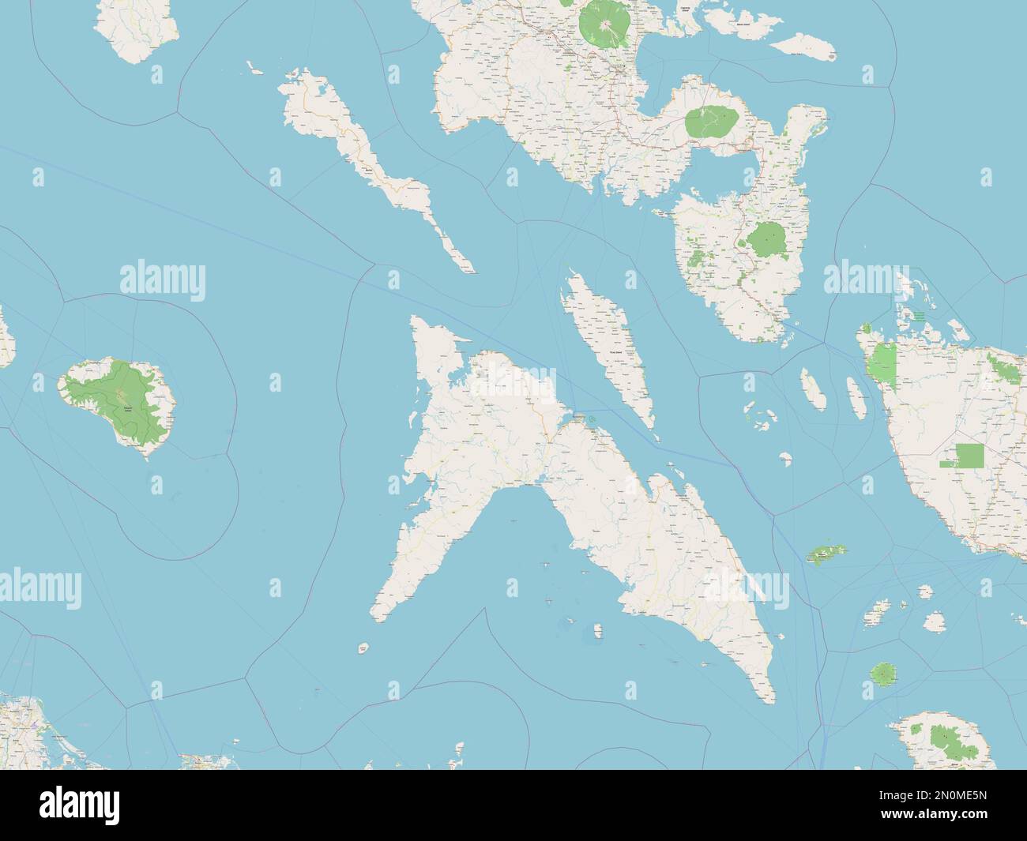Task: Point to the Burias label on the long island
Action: coord(369,168)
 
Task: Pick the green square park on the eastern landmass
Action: coord(970,456)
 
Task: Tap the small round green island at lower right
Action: coord(883,674)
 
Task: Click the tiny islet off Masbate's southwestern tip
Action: coord(363,648)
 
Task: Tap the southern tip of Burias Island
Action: coord(472,272)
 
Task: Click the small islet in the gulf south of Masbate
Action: coord(598,630)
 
